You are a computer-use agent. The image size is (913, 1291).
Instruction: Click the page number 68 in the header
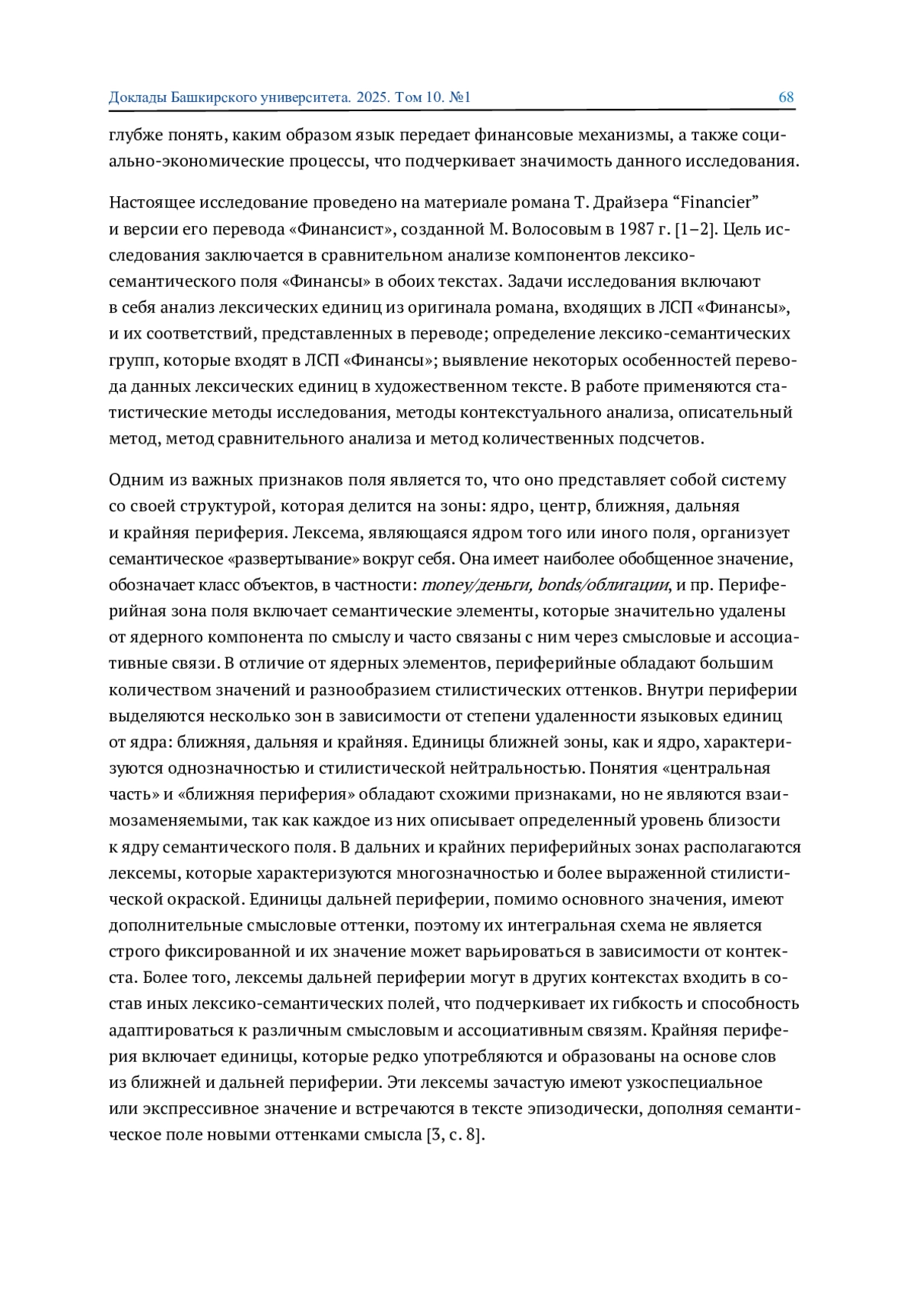click(x=786, y=97)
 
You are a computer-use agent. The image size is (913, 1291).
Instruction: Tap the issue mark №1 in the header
click(x=461, y=97)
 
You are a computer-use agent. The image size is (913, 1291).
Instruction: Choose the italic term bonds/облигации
click(x=604, y=585)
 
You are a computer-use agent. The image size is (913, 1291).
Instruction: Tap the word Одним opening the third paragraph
click(x=134, y=480)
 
